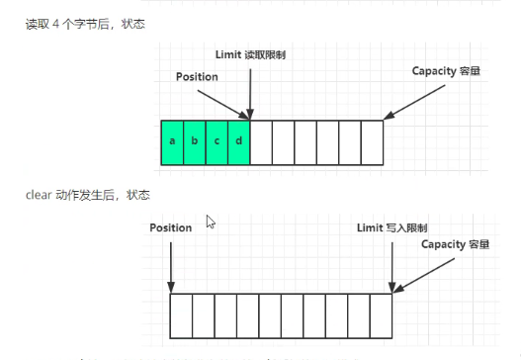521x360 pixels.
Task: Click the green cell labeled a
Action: click(x=172, y=141)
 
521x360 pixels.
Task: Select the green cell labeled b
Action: click(x=194, y=141)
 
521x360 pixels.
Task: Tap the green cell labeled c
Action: click(x=217, y=141)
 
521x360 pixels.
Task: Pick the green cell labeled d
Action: click(x=238, y=141)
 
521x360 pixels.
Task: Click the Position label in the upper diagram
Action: click(x=197, y=76)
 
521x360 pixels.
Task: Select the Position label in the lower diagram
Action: click(x=171, y=227)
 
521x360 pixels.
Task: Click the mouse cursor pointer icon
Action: click(x=211, y=223)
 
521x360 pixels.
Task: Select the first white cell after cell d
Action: click(x=261, y=141)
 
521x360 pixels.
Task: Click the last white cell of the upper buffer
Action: click(x=372, y=141)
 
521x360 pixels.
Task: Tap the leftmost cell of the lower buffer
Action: click(x=181, y=316)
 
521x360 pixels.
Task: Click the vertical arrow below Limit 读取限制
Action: click(x=251, y=89)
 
